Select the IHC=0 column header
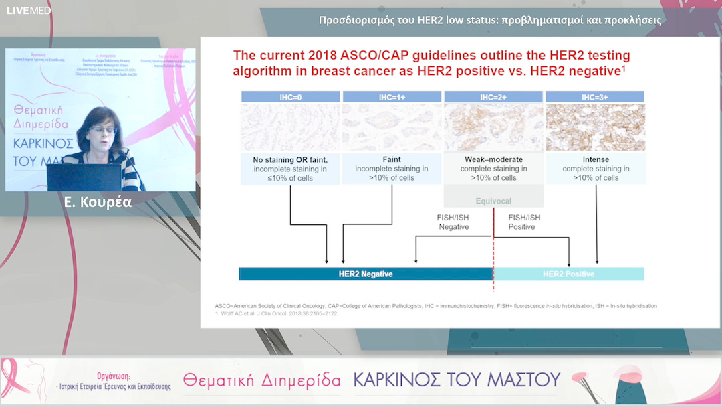291,97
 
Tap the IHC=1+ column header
392,97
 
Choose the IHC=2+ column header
493,97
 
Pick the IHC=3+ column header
595,97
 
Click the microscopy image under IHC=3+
595,127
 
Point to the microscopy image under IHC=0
291,127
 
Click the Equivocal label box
494,200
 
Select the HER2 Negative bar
366,274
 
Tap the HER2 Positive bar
568,274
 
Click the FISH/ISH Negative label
453,222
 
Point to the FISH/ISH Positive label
524,222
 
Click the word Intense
595,159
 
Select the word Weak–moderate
493,159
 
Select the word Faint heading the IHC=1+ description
392,159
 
